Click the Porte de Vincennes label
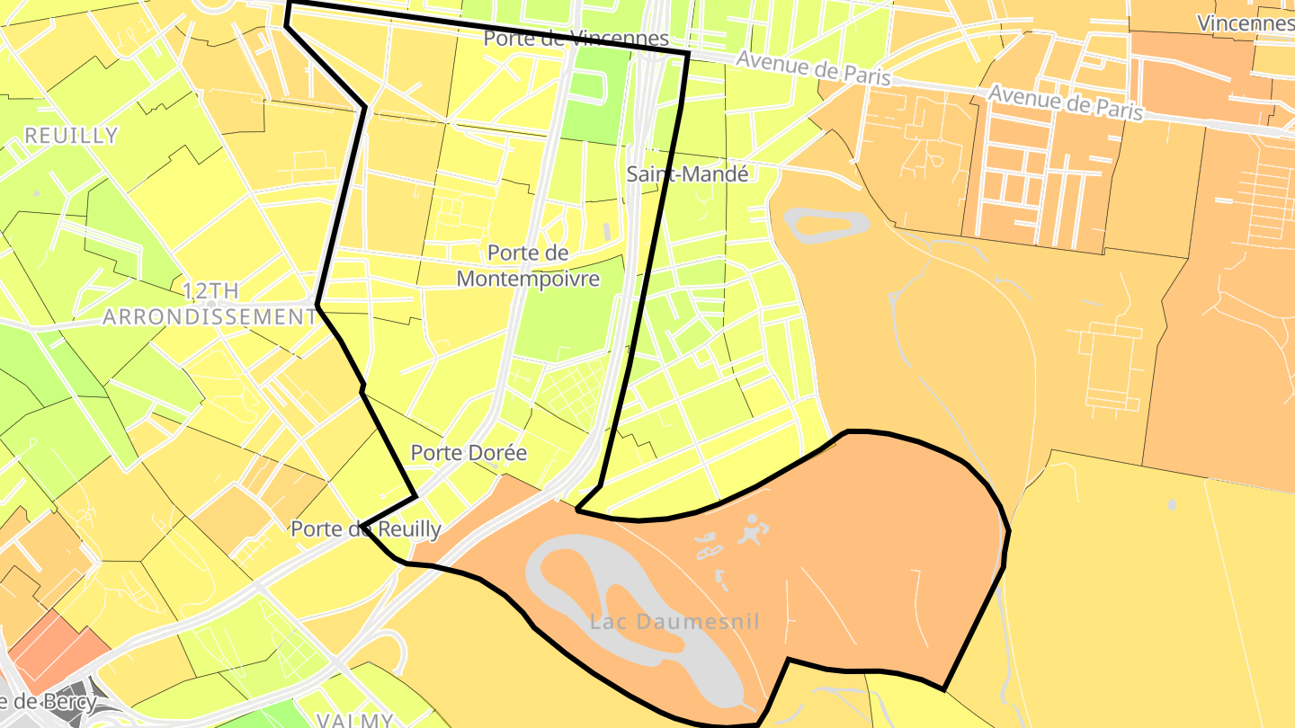coord(576,39)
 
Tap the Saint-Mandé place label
coord(687,174)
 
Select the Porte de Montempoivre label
coord(528,266)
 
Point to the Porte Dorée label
coord(469,453)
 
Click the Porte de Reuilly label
coord(366,529)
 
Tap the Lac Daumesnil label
coord(674,621)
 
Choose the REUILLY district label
coord(71,136)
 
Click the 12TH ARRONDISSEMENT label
coord(210,304)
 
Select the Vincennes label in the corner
coord(1245,22)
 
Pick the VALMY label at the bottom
coord(354,720)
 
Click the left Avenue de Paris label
coord(813,68)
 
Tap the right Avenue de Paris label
coord(1066,103)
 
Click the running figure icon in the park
coord(751,530)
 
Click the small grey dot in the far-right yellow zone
coord(1171,505)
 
